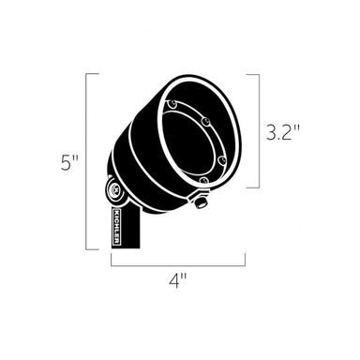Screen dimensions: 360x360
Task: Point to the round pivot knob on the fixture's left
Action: [x=114, y=193]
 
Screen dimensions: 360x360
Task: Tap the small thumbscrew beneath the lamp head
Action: [x=200, y=200]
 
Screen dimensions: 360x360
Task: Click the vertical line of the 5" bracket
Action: [x=87, y=161]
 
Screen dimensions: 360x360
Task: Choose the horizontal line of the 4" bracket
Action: [x=177, y=264]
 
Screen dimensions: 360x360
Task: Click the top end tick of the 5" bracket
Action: [x=94, y=73]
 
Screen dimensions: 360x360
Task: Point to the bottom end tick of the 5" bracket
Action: [x=94, y=249]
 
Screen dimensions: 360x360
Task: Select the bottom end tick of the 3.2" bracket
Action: [x=253, y=188]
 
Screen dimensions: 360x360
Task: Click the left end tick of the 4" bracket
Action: [x=111, y=260]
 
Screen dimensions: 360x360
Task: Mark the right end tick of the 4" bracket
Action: [x=246, y=260]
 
